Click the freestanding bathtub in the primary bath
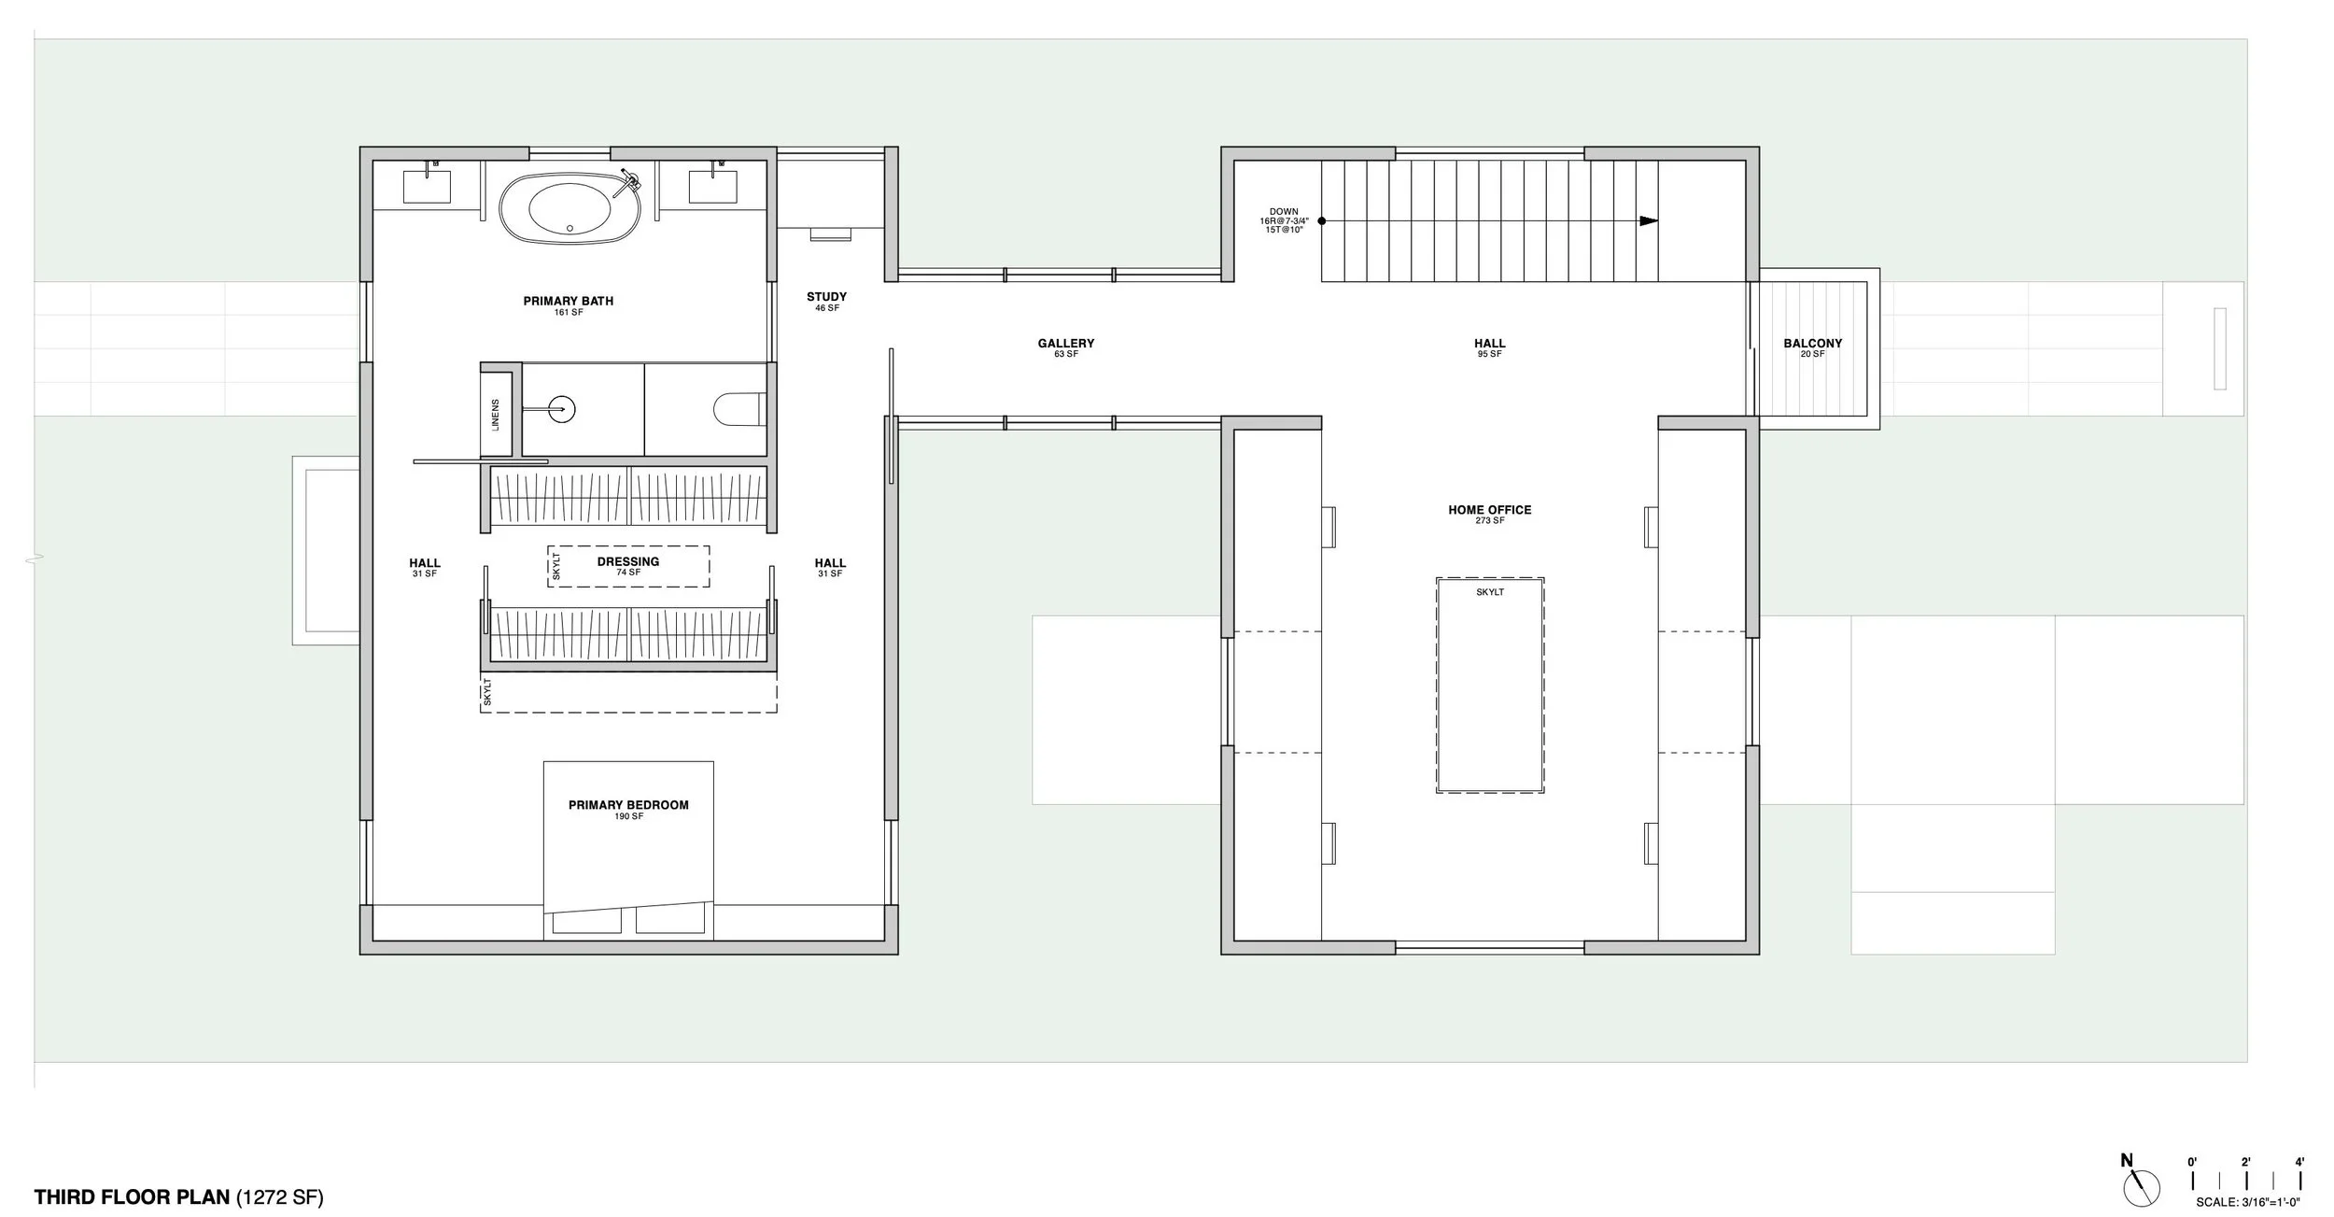570,208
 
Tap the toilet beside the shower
739,409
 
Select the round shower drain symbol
561,408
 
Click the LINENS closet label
496,415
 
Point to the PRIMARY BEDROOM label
628,805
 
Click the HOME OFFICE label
1490,510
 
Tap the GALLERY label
1066,344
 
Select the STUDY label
827,297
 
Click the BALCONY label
1813,344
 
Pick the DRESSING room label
628,561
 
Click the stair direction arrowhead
1649,221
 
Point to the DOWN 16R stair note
1284,220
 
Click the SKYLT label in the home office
1490,592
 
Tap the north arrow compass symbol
2141,1186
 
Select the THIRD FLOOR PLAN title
132,1197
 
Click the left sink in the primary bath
427,186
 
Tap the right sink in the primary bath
713,186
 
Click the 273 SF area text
1490,521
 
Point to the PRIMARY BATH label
569,301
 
